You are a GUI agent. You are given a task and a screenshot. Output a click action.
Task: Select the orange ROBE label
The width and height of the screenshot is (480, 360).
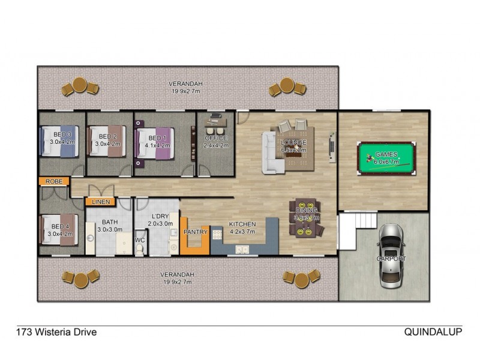[54, 181]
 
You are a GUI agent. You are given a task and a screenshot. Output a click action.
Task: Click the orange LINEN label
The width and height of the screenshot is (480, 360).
[101, 202]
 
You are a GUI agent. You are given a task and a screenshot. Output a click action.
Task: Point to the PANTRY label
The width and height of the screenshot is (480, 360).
[196, 232]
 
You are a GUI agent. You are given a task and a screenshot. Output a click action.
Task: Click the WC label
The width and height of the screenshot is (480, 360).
[139, 241]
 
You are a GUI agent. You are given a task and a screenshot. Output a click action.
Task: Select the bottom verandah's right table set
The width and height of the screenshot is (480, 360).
[297, 277]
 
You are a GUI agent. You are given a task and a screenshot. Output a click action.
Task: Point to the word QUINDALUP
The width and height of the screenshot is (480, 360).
[433, 331]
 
